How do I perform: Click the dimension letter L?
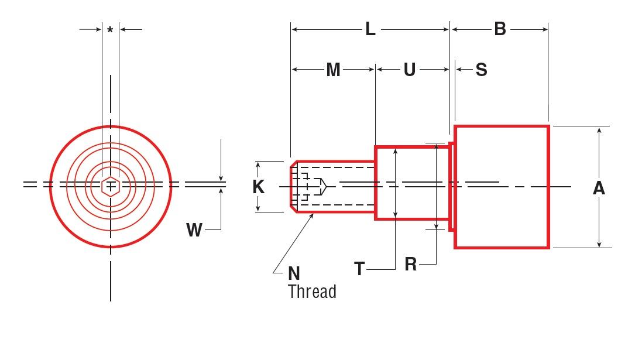pos(370,29)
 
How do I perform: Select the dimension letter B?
pos(500,29)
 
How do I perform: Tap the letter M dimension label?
pos(333,70)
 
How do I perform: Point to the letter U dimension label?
pos(410,70)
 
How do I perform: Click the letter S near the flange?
pos(481,70)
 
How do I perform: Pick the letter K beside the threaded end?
pos(258,187)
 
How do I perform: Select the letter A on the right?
pos(599,188)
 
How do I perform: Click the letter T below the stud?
pos(359,269)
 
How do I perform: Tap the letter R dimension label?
pos(411,265)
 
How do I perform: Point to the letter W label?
pos(194,230)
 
